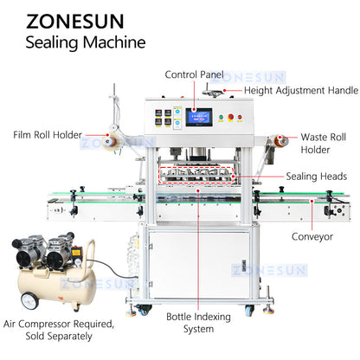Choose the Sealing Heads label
coord(318,176)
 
